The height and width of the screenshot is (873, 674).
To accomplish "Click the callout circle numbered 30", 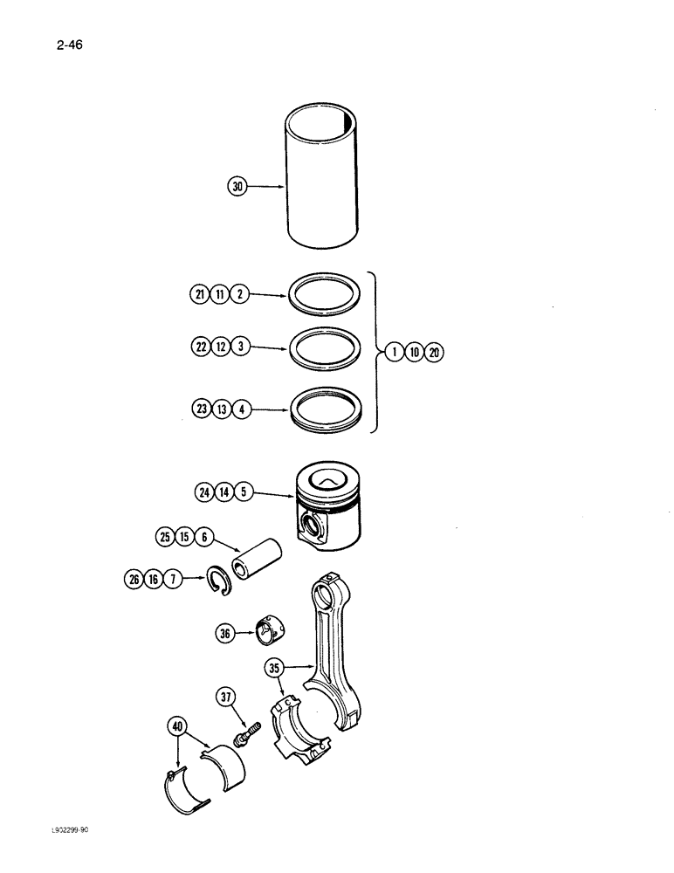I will pos(236,186).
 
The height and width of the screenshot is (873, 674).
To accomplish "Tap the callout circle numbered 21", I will pos(199,295).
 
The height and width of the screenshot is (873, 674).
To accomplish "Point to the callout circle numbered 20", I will pos(436,353).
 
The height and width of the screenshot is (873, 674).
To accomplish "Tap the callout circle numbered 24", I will pos(205,491).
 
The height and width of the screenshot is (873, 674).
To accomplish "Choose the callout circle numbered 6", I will pos(204,538).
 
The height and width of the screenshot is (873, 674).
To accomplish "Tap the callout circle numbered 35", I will pos(275,670).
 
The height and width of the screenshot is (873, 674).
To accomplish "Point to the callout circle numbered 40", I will pos(177,726).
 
